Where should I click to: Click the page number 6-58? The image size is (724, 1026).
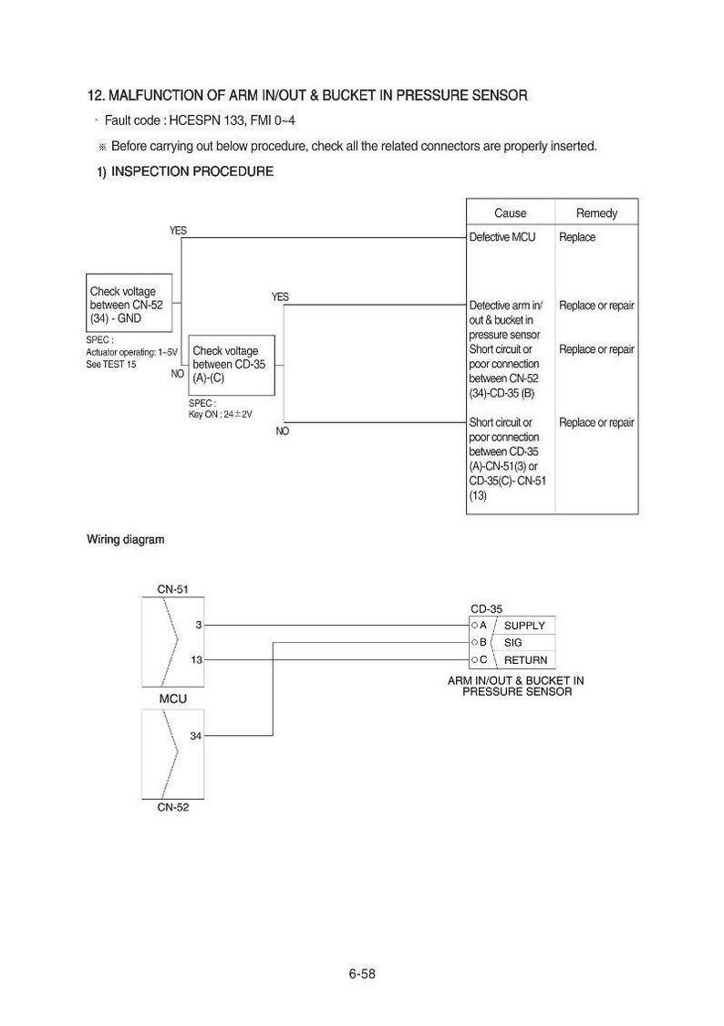(x=362, y=974)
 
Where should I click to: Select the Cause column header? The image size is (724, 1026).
(x=510, y=212)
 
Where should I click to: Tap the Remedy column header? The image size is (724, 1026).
(x=596, y=212)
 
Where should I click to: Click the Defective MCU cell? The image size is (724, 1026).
(x=502, y=237)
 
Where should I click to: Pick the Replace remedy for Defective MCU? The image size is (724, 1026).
(x=577, y=237)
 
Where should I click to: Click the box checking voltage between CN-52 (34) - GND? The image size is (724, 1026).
(x=129, y=303)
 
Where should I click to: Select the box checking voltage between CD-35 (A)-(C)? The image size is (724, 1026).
(x=232, y=365)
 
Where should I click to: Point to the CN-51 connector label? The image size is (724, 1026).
(x=172, y=589)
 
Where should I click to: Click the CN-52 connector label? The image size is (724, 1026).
(x=172, y=807)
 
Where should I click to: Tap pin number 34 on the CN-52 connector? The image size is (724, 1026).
(x=195, y=736)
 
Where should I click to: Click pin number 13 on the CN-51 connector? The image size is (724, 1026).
(x=196, y=659)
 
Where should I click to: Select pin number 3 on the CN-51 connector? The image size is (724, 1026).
(x=199, y=625)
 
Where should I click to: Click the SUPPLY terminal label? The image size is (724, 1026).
(x=524, y=626)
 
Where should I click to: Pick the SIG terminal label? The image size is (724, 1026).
(x=512, y=643)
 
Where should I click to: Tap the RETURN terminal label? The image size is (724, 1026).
(x=526, y=660)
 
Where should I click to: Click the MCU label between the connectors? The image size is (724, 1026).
(x=172, y=699)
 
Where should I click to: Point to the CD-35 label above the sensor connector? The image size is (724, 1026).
(x=487, y=609)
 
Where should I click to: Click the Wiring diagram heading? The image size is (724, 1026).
(x=126, y=540)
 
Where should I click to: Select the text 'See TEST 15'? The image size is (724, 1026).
(x=111, y=365)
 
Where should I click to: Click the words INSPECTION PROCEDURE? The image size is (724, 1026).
(x=192, y=171)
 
